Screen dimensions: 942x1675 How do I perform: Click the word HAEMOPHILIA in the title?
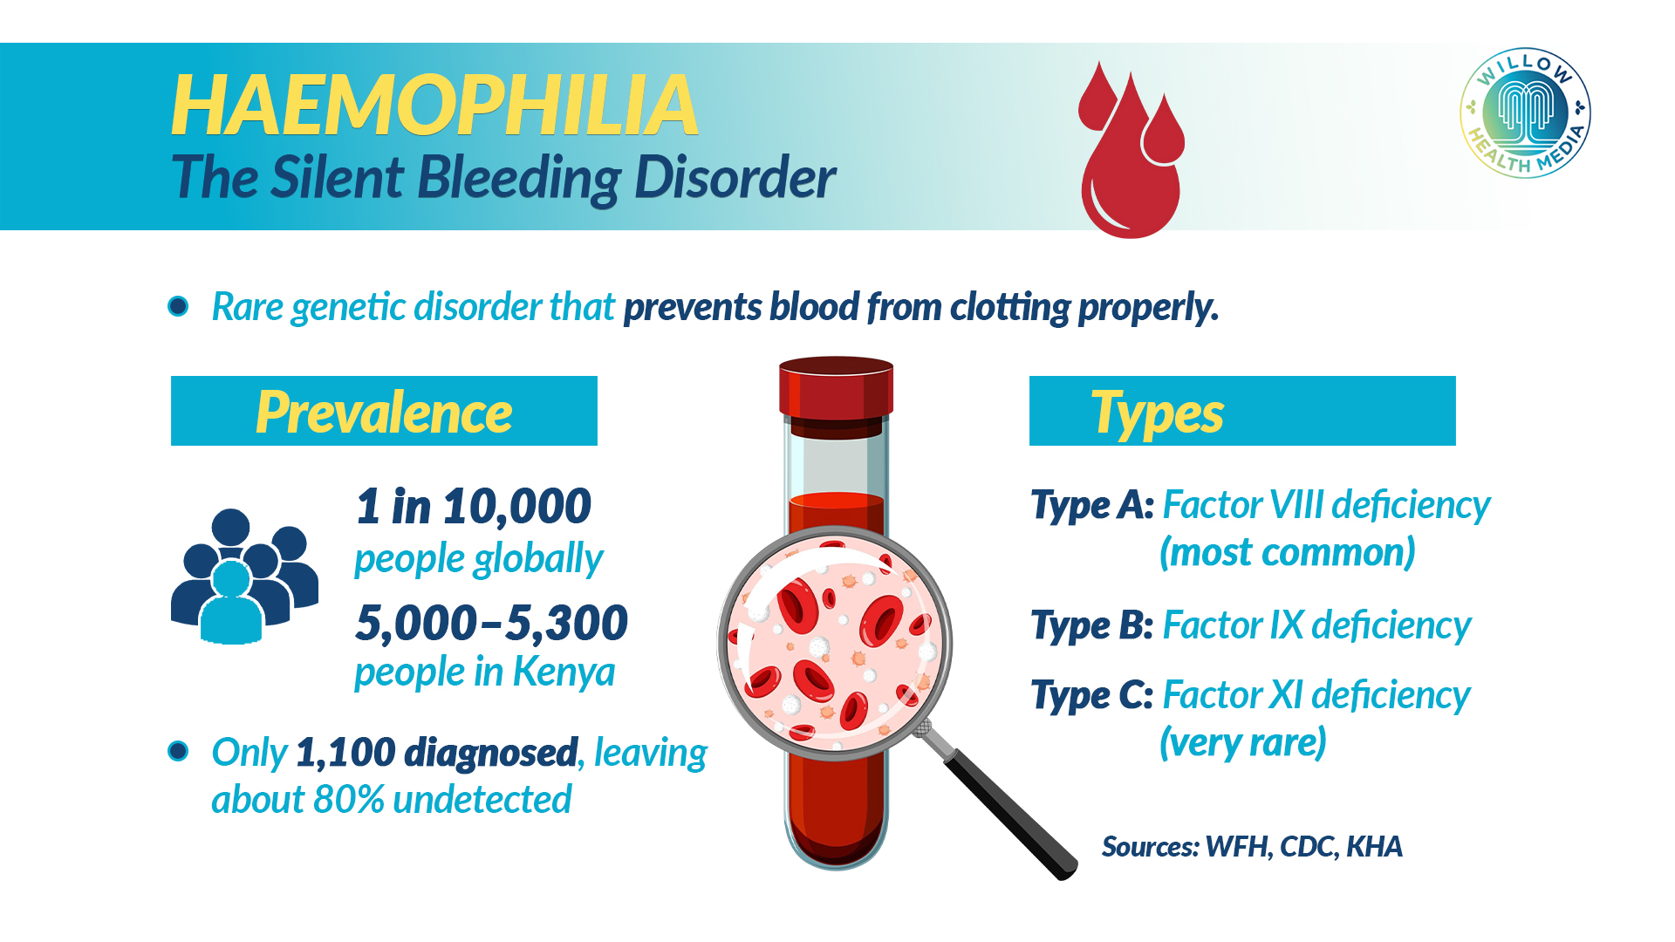point(434,106)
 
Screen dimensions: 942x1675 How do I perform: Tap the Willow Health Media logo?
point(1525,113)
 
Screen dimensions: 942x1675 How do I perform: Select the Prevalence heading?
point(384,412)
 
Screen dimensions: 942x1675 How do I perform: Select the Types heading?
point(1157,413)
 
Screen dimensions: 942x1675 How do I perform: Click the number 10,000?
point(517,507)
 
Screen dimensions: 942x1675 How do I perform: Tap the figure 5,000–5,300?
point(491,623)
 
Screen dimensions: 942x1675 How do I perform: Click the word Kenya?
point(564,672)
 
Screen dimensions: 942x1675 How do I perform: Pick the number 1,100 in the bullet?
point(345,753)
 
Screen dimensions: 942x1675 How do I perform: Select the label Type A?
point(1092,506)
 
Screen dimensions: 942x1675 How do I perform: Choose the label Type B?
point(1092,626)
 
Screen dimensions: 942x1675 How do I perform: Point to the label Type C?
point(1092,696)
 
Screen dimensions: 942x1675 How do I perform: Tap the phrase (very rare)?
point(1242,743)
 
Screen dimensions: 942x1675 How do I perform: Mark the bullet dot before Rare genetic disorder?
point(179,306)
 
